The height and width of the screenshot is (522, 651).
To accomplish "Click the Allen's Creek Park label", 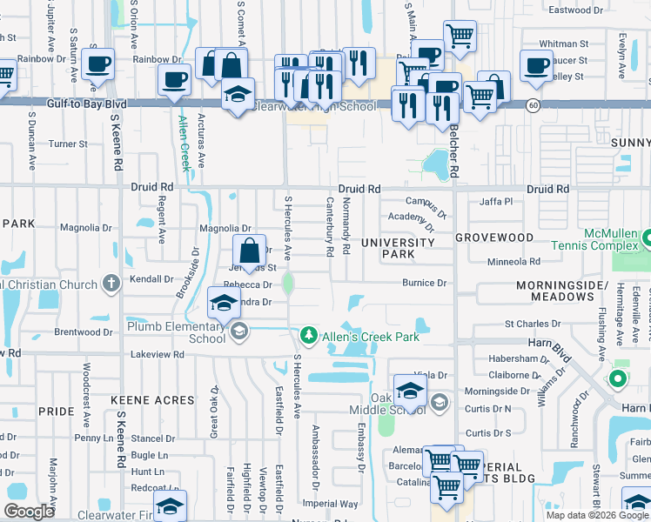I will point(371,337).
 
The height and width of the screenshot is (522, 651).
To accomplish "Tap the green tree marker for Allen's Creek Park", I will point(309,336).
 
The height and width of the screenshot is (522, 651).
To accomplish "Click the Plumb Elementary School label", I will point(177,332).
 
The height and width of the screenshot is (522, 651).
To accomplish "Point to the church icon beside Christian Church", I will point(111,284).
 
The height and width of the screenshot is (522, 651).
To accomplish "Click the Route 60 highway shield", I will point(532,104).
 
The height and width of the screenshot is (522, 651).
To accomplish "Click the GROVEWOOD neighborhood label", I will point(493,237).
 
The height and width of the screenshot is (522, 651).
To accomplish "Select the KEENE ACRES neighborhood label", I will point(153,399).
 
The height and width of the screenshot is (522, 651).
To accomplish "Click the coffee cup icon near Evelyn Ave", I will point(535,64).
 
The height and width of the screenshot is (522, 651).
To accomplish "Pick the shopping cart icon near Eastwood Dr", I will point(460,35).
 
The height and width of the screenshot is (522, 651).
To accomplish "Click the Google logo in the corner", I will point(29,511).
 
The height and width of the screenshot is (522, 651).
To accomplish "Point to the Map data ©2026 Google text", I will point(597,515).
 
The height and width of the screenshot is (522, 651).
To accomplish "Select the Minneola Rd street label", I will point(514,261).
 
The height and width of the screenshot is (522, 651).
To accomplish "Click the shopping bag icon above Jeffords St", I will point(249,250).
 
